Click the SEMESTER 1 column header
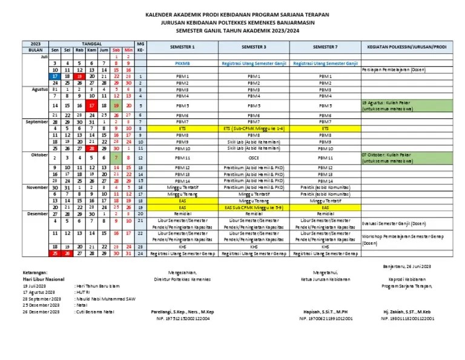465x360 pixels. click(x=182, y=47)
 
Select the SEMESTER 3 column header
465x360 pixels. click(x=254, y=47)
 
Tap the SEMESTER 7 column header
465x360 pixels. click(x=325, y=47)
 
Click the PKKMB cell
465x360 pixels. click(x=182, y=63)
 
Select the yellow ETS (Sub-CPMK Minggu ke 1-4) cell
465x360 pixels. click(x=254, y=128)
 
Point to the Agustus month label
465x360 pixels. click(x=38, y=89)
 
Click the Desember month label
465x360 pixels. click(x=38, y=213)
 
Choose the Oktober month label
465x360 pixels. click(x=38, y=155)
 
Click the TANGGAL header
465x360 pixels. click(x=91, y=44)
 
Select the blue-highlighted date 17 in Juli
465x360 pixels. click(x=55, y=76)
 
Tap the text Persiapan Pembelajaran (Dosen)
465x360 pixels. click(x=393, y=70)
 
